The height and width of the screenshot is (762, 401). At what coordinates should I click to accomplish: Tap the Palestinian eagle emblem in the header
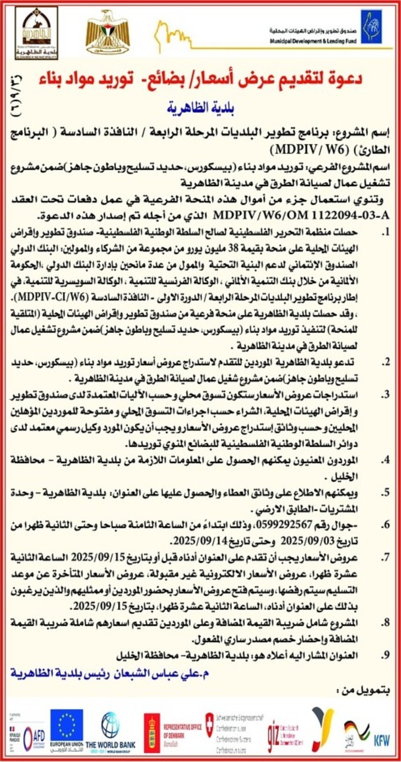[107, 31]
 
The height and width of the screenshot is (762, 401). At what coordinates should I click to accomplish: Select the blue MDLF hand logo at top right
[371, 26]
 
